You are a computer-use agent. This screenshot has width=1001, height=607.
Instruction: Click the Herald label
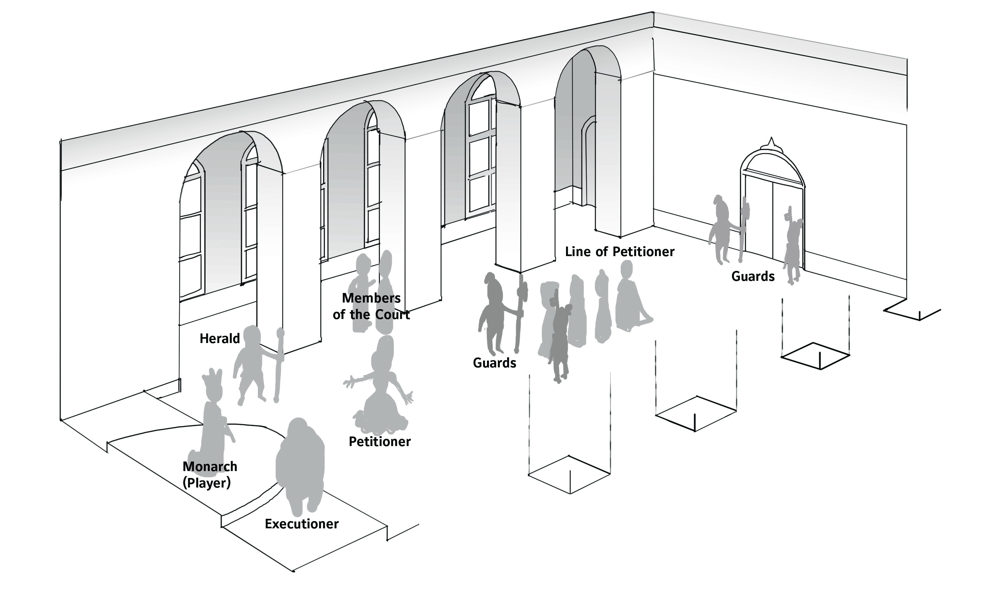pos(219,339)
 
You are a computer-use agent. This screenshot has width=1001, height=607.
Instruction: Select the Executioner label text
pos(301,524)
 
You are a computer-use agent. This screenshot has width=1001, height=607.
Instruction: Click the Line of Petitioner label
pos(619,252)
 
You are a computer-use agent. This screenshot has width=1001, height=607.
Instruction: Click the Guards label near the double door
pos(753,277)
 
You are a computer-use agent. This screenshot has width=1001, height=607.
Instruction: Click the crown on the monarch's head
pos(212,378)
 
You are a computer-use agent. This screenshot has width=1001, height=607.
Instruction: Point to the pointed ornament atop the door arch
pos(771,143)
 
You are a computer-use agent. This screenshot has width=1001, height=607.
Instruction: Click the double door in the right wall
pos(772,219)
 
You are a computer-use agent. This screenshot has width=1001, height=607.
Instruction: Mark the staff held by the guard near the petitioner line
pos(520,313)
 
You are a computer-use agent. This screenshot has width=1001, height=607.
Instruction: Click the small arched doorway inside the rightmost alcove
pos(589,162)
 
